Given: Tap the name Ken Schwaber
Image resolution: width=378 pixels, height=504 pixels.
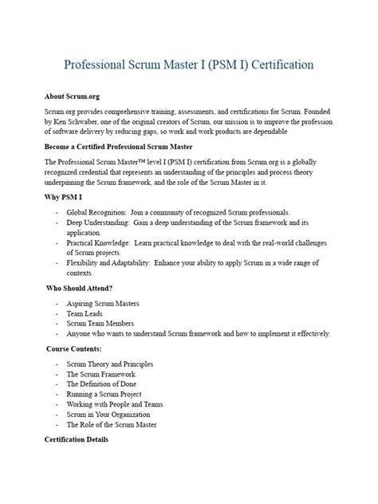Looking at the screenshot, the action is pyautogui.click(x=71, y=124).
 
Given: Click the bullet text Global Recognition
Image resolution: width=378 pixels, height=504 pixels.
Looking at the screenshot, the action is pyautogui.click(x=96, y=212).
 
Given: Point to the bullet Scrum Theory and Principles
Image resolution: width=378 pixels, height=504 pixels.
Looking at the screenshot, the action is pyautogui.click(x=110, y=364).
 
